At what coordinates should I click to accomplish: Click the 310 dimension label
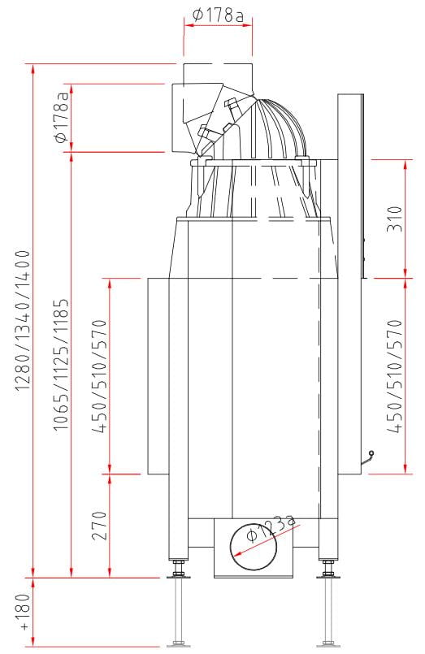(x=395, y=219)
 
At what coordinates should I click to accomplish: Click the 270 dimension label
(x=100, y=526)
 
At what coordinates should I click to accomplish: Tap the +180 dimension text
(x=24, y=612)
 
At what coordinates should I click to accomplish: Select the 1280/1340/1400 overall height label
(x=23, y=320)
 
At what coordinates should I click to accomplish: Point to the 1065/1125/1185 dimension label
(x=60, y=364)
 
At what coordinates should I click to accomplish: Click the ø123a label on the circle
(x=271, y=527)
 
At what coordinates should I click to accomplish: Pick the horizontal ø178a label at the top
(x=217, y=16)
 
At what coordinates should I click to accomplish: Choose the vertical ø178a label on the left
(x=61, y=117)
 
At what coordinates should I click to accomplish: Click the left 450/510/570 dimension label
(x=100, y=376)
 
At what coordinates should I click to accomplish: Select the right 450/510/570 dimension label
(x=395, y=376)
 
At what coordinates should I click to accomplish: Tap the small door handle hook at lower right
(x=367, y=457)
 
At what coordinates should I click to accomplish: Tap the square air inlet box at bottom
(x=254, y=548)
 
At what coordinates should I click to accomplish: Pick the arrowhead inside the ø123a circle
(x=239, y=553)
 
